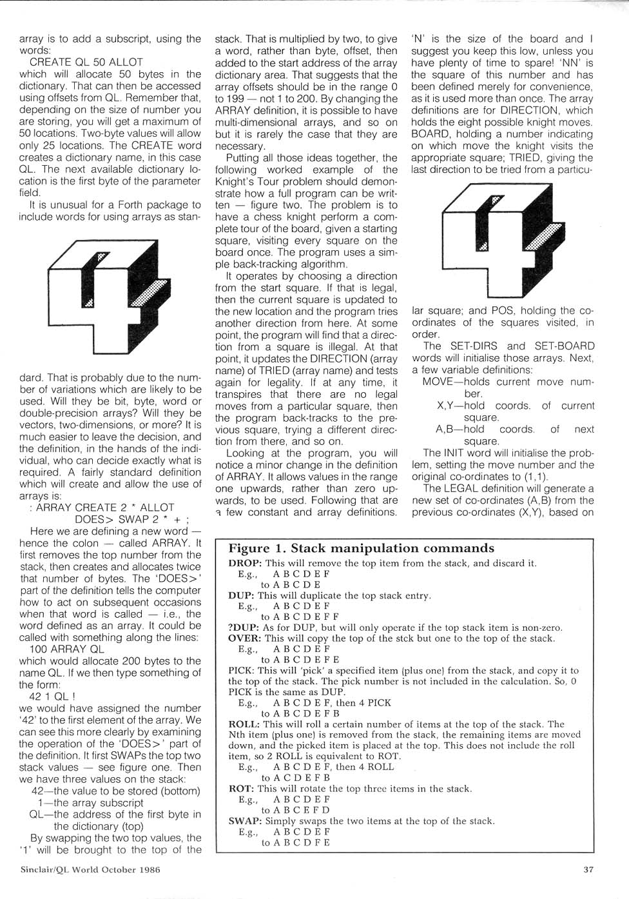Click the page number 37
tap(588, 869)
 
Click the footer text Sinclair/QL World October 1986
tap(90, 869)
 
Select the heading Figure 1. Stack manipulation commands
tap(361, 549)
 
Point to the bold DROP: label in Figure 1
tap(244, 563)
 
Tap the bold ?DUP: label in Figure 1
tap(242, 627)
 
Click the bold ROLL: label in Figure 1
tap(244, 724)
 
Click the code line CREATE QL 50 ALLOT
tap(86, 63)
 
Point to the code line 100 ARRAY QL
tap(67, 649)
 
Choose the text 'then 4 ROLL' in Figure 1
tap(364, 767)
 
